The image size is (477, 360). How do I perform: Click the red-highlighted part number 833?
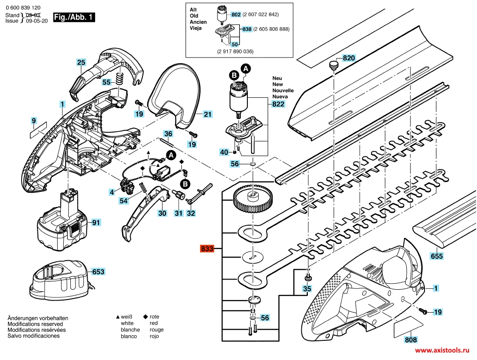[207, 249]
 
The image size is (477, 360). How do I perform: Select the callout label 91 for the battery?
[96, 222]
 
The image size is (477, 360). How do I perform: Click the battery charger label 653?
[98, 272]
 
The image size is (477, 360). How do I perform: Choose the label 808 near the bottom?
[411, 340]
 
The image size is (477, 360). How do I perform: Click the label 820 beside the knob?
[349, 58]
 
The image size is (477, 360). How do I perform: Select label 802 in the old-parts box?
[236, 15]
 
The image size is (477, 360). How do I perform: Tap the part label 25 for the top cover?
[81, 62]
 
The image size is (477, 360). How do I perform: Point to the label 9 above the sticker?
[34, 121]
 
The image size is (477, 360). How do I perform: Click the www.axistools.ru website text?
[442, 350]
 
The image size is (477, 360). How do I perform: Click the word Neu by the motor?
[277, 79]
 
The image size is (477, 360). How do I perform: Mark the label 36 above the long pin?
[168, 134]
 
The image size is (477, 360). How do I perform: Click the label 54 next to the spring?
[123, 200]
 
